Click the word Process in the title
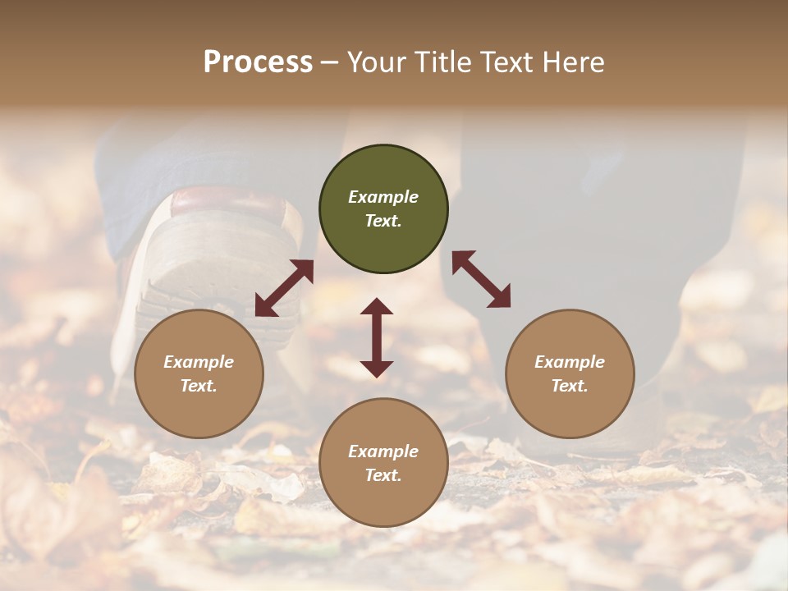click(258, 62)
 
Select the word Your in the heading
click(377, 62)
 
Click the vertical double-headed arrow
click(377, 337)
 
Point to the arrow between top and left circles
click(284, 288)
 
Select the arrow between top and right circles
click(481, 279)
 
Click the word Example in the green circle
click(383, 197)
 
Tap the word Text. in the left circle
click(199, 386)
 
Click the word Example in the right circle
click(570, 362)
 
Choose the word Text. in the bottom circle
click(383, 475)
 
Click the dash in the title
click(329, 62)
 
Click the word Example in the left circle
click(199, 362)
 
